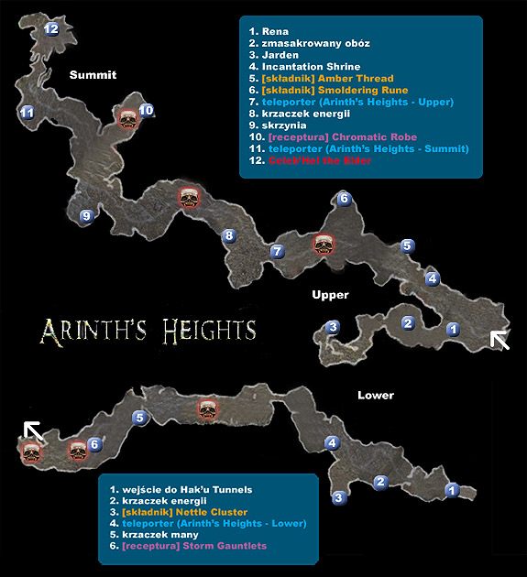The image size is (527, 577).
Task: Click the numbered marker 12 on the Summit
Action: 51,28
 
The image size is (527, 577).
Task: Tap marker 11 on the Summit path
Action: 27,113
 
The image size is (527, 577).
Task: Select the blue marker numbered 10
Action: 146,111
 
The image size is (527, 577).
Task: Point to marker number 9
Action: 86,216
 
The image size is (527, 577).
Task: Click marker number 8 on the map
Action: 229,235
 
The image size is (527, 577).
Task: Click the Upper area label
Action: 330,295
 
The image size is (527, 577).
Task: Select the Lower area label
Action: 376,396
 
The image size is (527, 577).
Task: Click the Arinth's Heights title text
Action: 147,328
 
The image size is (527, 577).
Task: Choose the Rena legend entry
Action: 272,32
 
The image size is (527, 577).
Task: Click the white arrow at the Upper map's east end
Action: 499,340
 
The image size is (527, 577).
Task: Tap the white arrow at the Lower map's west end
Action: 32,429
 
